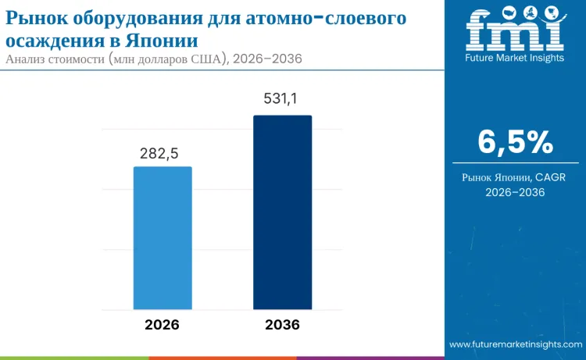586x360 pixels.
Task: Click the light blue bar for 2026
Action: [163, 237]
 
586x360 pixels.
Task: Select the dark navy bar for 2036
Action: [282, 212]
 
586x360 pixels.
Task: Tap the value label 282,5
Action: [163, 153]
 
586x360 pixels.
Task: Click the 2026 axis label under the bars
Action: [162, 325]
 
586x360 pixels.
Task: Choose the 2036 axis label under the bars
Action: [282, 325]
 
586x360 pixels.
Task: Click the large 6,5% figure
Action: [515, 143]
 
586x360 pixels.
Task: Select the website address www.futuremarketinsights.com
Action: [515, 344]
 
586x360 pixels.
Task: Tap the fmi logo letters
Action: [515, 32]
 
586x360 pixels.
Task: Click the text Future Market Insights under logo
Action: [515, 59]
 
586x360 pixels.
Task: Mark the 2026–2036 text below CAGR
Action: [515, 192]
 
